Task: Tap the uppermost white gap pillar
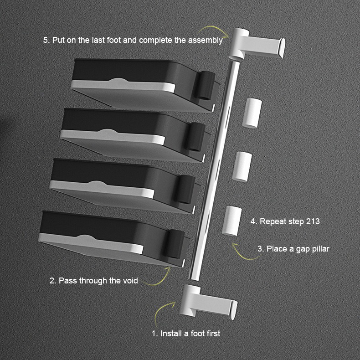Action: (x=252, y=113)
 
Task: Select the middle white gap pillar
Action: (x=242, y=166)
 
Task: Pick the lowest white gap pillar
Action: (x=231, y=221)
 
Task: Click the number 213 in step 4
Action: (x=313, y=221)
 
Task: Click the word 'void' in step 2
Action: (x=130, y=281)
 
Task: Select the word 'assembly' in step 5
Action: (x=206, y=40)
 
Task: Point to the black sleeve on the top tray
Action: (x=205, y=85)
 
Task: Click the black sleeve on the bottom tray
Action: (x=174, y=244)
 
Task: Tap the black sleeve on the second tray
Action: (x=195, y=137)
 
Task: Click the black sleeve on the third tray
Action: (x=185, y=190)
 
